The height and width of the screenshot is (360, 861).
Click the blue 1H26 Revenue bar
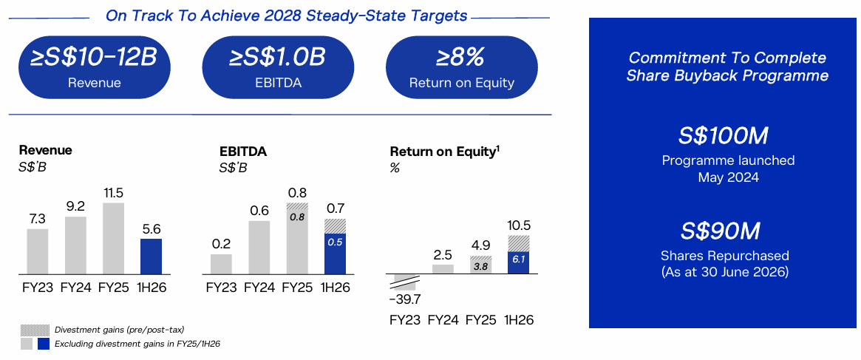tap(151, 256)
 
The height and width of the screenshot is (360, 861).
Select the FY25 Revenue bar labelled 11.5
tap(113, 238)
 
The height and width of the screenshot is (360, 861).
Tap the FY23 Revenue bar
tap(38, 251)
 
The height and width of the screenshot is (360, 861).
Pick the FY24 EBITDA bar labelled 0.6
tap(259, 248)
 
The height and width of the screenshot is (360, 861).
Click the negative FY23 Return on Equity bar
tap(404, 282)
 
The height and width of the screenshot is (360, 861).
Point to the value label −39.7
tap(404, 299)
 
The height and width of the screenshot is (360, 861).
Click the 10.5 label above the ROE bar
tap(518, 226)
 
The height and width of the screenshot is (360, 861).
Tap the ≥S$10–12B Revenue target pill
tap(94, 67)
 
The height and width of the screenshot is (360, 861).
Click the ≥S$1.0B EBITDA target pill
tap(278, 67)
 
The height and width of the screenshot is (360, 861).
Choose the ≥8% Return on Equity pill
tap(462, 67)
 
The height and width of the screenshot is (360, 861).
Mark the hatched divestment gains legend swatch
tap(35, 330)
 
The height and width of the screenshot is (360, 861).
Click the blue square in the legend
tap(44, 344)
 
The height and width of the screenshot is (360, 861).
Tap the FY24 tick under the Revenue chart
tap(75, 288)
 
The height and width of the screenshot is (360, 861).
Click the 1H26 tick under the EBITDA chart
tap(336, 288)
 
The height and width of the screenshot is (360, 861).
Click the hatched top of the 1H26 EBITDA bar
tap(335, 227)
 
